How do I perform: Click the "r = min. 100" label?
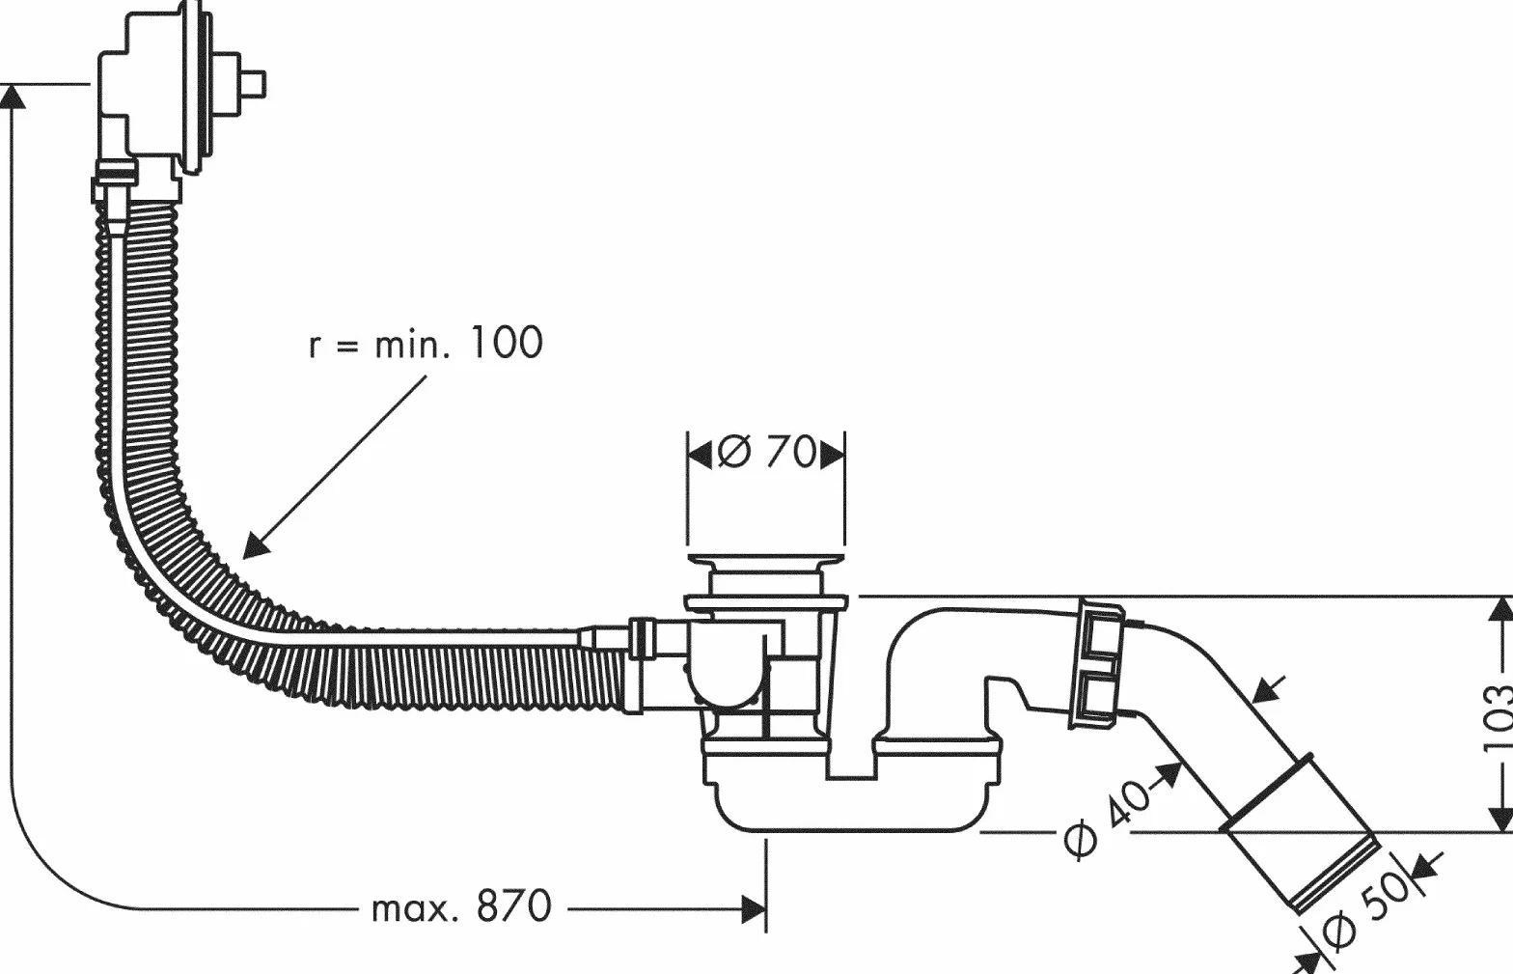(x=426, y=343)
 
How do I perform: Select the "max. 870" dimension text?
(x=461, y=907)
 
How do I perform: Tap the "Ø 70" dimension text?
(x=766, y=452)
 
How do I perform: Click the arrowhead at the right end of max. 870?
(x=754, y=909)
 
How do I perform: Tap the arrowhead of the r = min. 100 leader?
(x=256, y=546)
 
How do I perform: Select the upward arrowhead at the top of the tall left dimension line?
(x=13, y=97)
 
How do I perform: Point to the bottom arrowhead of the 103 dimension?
(x=1500, y=820)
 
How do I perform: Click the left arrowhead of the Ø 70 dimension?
(x=700, y=455)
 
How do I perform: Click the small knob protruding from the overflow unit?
(x=253, y=85)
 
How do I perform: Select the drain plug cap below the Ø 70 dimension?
(x=766, y=560)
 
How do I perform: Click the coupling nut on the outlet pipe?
(x=1097, y=665)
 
